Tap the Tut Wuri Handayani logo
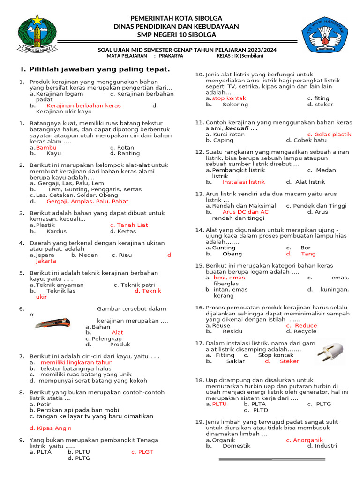coord(325,36)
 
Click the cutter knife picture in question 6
coord(52,323)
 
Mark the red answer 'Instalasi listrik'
coord(243,182)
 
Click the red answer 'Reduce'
coord(305,325)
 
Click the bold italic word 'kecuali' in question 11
coord(237,128)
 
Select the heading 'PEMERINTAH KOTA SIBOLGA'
coord(176,17)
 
